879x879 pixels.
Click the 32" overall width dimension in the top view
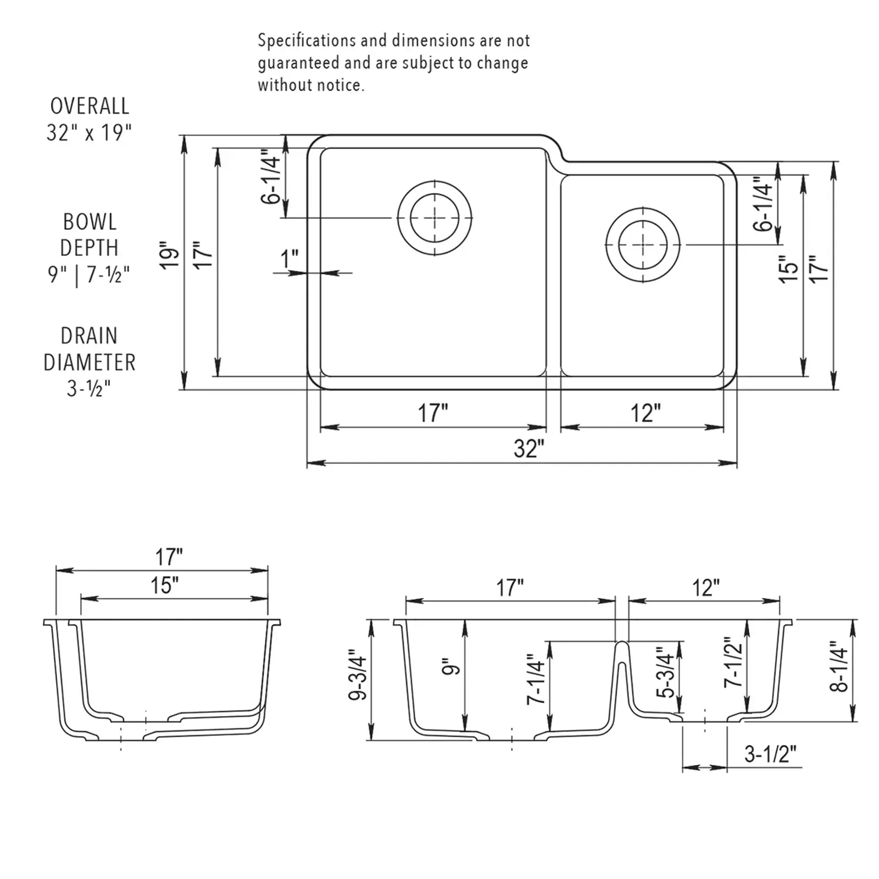click(528, 449)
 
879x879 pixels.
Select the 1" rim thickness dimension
click(290, 259)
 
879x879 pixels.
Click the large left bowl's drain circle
click(435, 218)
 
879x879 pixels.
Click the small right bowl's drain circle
click(643, 245)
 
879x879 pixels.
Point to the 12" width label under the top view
click(645, 413)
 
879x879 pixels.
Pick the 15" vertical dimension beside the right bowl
click(789, 269)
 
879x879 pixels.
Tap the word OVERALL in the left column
click(90, 106)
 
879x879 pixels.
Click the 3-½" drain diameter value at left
click(89, 388)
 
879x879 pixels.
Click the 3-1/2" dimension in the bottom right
click(770, 754)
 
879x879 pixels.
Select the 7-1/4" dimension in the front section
click(536, 679)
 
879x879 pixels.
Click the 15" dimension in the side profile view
click(165, 586)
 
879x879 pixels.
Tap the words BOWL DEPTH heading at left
click(89, 235)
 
